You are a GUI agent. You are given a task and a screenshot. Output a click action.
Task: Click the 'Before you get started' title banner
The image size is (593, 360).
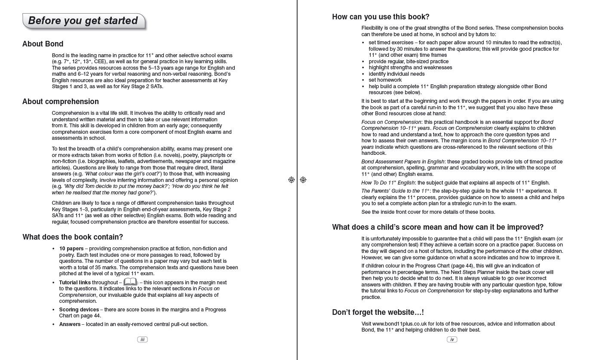(x=83, y=21)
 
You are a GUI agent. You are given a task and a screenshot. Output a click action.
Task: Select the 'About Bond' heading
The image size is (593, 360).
(x=43, y=44)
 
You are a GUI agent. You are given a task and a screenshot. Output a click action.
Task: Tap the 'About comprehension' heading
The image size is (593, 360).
(x=61, y=102)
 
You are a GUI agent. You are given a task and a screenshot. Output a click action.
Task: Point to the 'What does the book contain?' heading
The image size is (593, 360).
(x=73, y=237)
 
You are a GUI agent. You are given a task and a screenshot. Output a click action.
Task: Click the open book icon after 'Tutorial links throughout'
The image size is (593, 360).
(x=130, y=282)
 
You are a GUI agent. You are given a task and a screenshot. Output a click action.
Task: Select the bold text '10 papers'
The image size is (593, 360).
(x=71, y=249)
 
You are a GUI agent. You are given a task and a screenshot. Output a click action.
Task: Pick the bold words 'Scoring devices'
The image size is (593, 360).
(x=79, y=310)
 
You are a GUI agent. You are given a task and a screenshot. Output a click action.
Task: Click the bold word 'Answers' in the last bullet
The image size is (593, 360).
(x=70, y=324)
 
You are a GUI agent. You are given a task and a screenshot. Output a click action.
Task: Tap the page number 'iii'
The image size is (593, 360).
(x=142, y=339)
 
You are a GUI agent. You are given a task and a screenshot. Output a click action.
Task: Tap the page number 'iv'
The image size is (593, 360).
(x=452, y=339)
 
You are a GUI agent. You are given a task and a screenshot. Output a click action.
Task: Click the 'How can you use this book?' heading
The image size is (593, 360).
(x=381, y=17)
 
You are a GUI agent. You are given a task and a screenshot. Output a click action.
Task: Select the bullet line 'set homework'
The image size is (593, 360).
(x=385, y=80)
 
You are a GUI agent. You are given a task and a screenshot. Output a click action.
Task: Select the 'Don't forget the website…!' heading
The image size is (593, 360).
(x=378, y=312)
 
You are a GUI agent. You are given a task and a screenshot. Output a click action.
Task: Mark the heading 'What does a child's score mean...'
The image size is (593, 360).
(x=437, y=227)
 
